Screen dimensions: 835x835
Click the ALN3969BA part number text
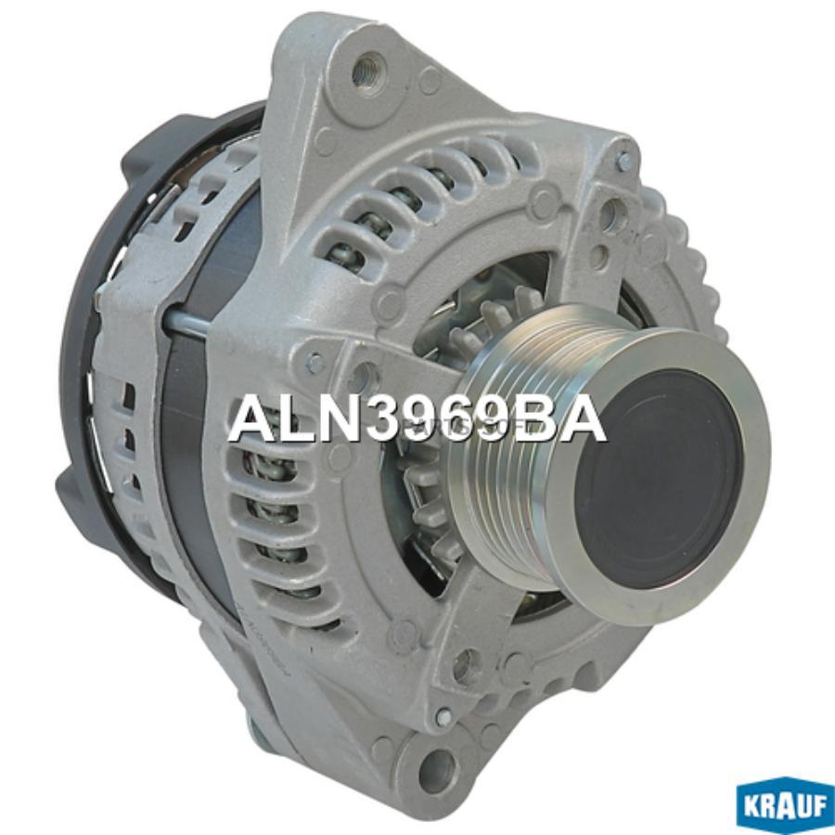coord(417,419)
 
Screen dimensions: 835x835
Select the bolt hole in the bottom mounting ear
coord(434,767)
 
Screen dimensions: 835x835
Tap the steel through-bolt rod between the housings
coord(190,322)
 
